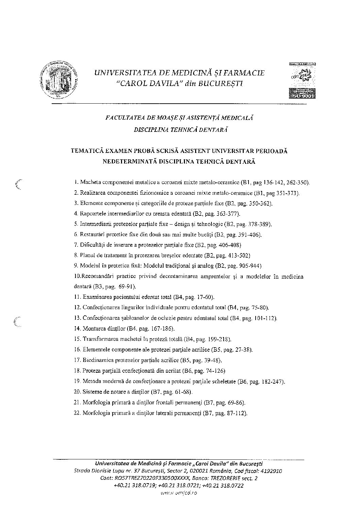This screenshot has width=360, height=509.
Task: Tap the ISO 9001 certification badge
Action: point(302,81)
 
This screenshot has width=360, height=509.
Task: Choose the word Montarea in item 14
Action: point(93,329)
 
